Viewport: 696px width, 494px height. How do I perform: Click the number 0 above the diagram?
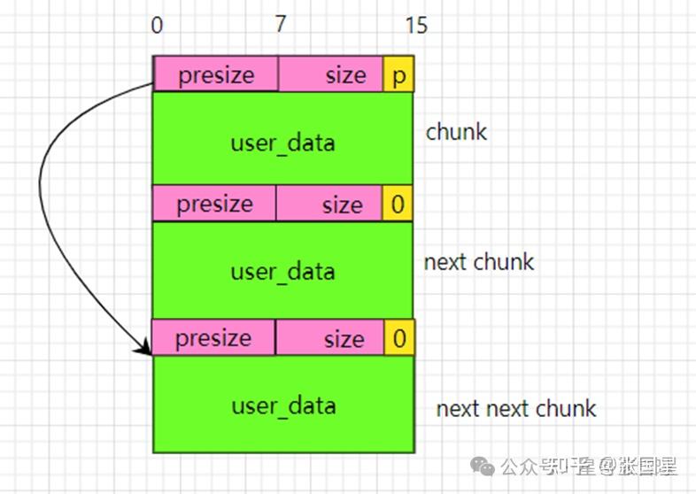pos(157,26)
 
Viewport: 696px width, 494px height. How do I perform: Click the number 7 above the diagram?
pos(281,25)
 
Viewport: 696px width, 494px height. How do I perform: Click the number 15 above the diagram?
pos(415,26)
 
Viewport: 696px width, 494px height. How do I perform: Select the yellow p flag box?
pos(398,75)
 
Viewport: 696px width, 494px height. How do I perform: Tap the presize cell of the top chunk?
pos(215,75)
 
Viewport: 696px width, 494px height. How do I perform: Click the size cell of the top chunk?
pos(331,75)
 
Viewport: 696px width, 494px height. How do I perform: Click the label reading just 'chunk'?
pos(456,132)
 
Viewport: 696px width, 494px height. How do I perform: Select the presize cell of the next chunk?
pos(214,204)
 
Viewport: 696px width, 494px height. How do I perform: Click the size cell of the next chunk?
pos(329,205)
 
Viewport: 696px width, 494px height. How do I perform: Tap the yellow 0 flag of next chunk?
pos(398,205)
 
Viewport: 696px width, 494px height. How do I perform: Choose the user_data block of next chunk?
pos(282,269)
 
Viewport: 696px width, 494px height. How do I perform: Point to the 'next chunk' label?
pos(479,262)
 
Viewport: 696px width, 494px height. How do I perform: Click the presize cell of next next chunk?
pos(213,337)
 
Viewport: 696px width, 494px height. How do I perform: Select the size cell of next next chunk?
pos(329,338)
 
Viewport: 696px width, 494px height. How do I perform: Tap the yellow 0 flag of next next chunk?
pos(398,338)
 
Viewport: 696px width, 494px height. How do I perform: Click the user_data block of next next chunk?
pos(282,404)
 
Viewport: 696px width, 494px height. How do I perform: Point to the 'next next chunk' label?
pos(515,408)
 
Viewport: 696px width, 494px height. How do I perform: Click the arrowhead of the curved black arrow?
pos(144,350)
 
